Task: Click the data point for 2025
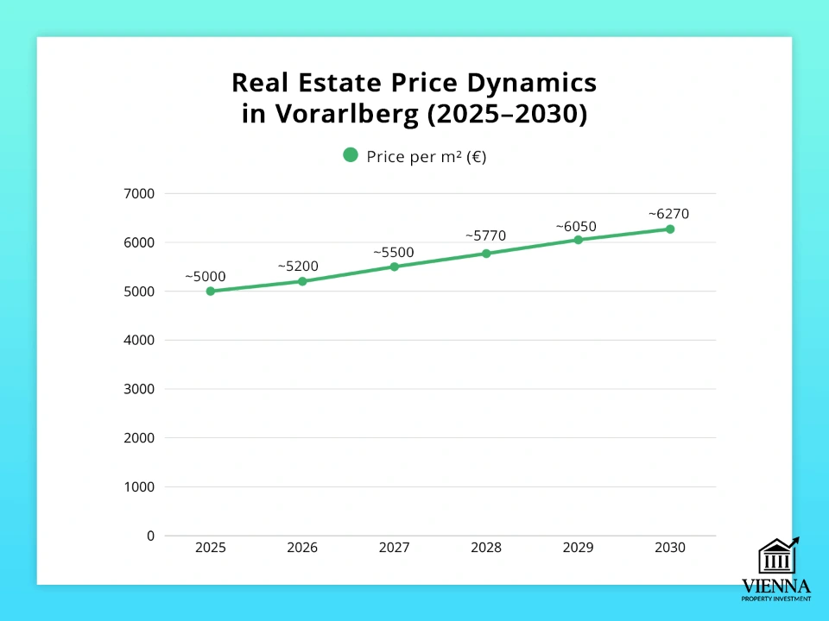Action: tap(211, 292)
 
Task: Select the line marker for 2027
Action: tap(395, 267)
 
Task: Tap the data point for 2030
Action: tap(670, 229)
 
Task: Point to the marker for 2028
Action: tap(486, 254)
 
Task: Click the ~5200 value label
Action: tap(298, 267)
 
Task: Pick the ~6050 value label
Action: tap(575, 226)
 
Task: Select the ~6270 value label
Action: tap(668, 215)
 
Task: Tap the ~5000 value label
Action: tap(206, 277)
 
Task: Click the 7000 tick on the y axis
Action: tap(138, 194)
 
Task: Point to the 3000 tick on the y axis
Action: tap(138, 389)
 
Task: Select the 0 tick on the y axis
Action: tap(150, 536)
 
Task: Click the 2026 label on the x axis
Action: tap(302, 548)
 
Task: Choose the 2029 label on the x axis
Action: tap(578, 548)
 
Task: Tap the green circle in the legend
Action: tap(351, 155)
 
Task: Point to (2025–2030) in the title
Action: tap(507, 115)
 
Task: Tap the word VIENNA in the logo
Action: tap(776, 586)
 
